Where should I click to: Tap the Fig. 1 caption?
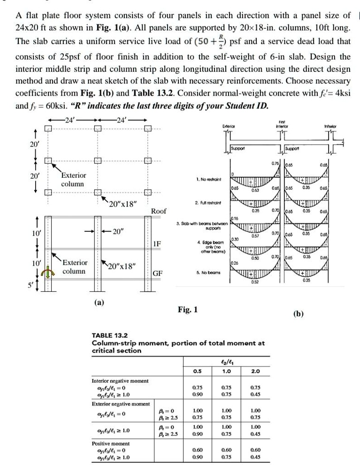pos(188,309)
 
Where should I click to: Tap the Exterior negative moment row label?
pos(120,404)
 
